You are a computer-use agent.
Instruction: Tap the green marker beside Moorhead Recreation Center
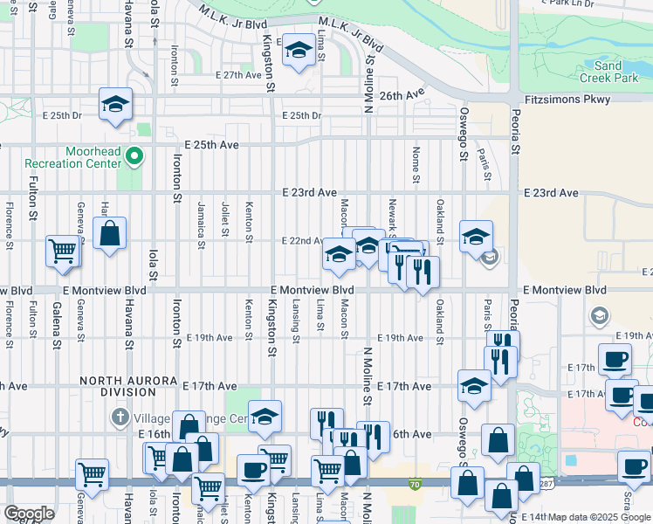134,157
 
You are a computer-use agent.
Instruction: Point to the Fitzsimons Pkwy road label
567,100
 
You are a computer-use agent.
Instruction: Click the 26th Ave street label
402,94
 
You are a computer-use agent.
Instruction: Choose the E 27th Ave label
239,76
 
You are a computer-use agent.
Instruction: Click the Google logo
30,514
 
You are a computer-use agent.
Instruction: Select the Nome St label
416,160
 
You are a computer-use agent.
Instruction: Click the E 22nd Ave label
302,241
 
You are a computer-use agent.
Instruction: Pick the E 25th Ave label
211,144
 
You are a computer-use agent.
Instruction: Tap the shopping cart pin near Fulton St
63,251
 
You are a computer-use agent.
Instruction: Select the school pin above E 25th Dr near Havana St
115,104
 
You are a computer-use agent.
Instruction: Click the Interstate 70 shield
414,481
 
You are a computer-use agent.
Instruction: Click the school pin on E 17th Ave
474,385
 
